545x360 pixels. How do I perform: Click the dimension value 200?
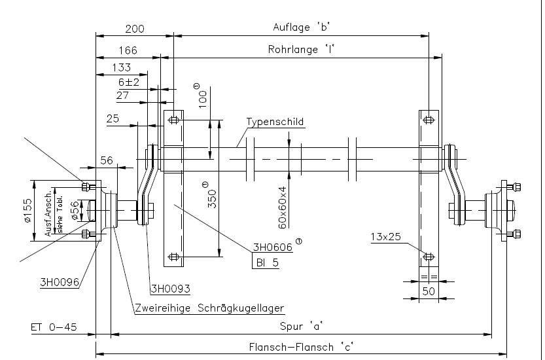click(x=134, y=29)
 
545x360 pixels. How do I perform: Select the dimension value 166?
click(x=128, y=50)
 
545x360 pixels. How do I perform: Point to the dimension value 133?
click(x=121, y=67)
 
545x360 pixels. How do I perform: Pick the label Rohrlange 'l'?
click(x=306, y=49)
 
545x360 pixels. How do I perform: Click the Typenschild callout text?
click(x=275, y=122)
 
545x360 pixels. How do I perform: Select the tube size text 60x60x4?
click(x=282, y=206)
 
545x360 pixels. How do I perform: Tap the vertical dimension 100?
click(x=203, y=97)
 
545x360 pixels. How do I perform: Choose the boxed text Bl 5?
click(x=267, y=262)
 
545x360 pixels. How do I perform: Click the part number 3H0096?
click(x=59, y=282)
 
